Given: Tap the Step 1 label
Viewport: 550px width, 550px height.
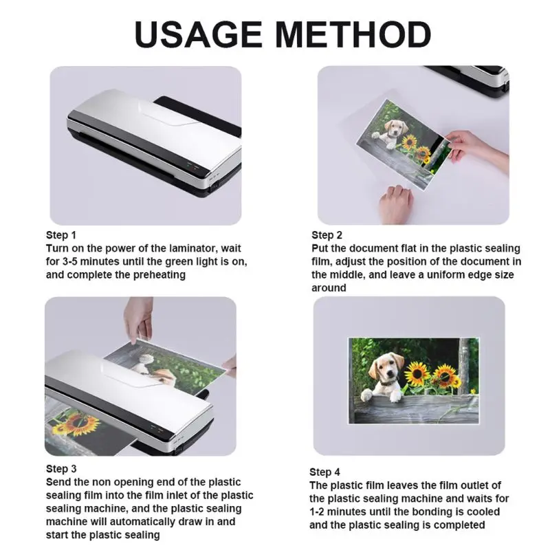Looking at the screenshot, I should (x=61, y=235).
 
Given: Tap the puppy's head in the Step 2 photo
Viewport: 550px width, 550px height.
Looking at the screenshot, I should (x=395, y=129).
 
